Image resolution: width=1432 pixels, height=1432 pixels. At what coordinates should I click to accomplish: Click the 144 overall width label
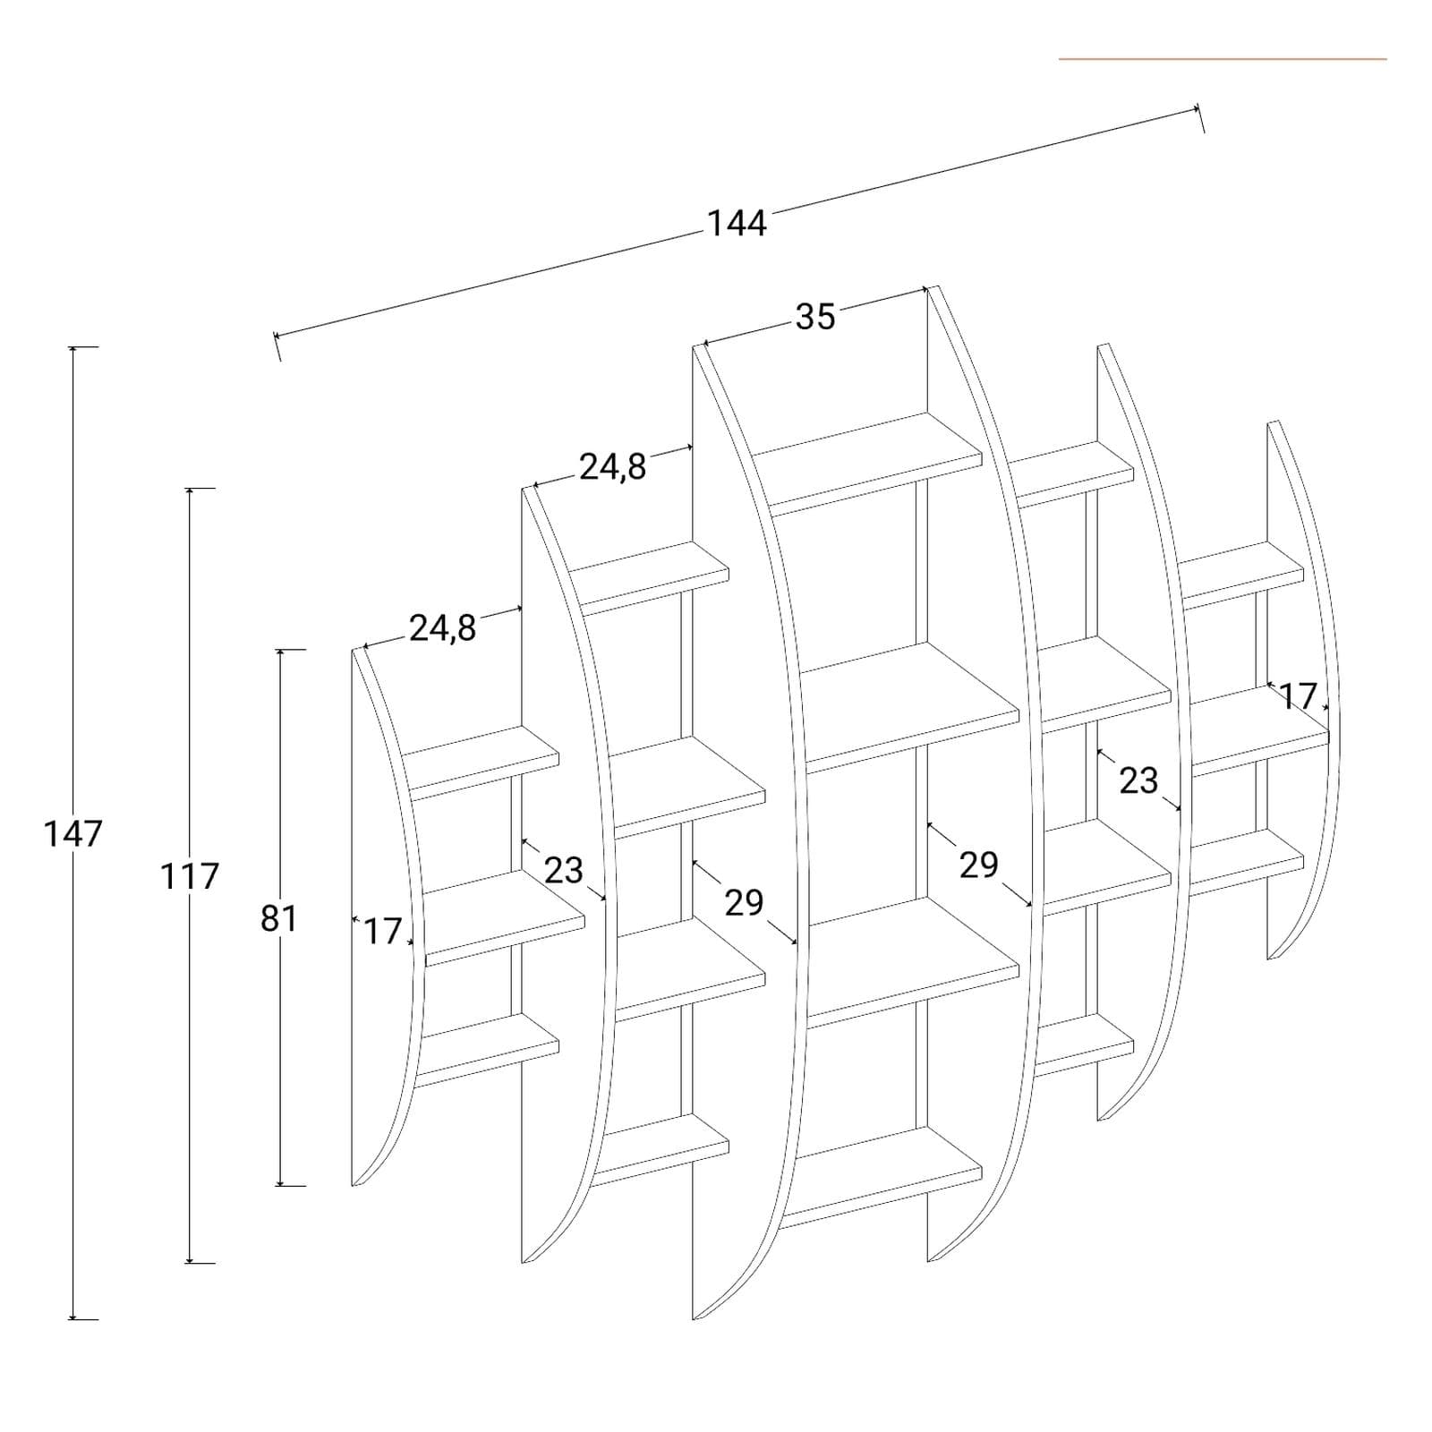pyautogui.click(x=737, y=223)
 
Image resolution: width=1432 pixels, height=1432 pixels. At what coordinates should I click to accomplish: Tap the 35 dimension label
pyautogui.click(x=814, y=317)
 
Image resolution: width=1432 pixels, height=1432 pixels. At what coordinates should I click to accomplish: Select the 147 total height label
pyautogui.click(x=73, y=834)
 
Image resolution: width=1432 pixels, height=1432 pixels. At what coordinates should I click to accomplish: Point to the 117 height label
pyautogui.click(x=190, y=876)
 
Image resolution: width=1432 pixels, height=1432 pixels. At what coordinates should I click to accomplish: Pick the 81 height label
pyautogui.click(x=278, y=918)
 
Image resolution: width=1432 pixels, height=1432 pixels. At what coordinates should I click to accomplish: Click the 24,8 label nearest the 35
pyautogui.click(x=613, y=467)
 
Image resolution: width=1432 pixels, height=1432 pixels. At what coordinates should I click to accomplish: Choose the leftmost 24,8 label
pyautogui.click(x=443, y=629)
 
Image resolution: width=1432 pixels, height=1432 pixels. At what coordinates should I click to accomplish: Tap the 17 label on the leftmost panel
pyautogui.click(x=382, y=932)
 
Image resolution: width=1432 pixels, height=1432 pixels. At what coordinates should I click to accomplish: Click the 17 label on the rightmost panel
pyautogui.click(x=1298, y=695)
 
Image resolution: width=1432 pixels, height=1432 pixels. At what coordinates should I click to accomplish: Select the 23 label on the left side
pyautogui.click(x=564, y=870)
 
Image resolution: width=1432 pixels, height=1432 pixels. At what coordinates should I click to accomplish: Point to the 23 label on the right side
pyautogui.click(x=1138, y=781)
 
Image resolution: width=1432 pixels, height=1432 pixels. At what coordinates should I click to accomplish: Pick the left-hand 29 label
pyautogui.click(x=744, y=904)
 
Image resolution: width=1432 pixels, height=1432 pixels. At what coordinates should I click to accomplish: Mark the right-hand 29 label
pyautogui.click(x=978, y=865)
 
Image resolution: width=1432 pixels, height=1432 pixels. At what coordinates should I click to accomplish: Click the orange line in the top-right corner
pyautogui.click(x=1223, y=59)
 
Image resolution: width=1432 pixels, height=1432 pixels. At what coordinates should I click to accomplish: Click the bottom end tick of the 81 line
pyautogui.click(x=292, y=1186)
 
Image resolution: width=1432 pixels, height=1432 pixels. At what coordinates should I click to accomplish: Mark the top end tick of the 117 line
pyautogui.click(x=200, y=489)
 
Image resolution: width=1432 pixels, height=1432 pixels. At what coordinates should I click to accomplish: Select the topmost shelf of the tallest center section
pyautogui.click(x=866, y=463)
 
